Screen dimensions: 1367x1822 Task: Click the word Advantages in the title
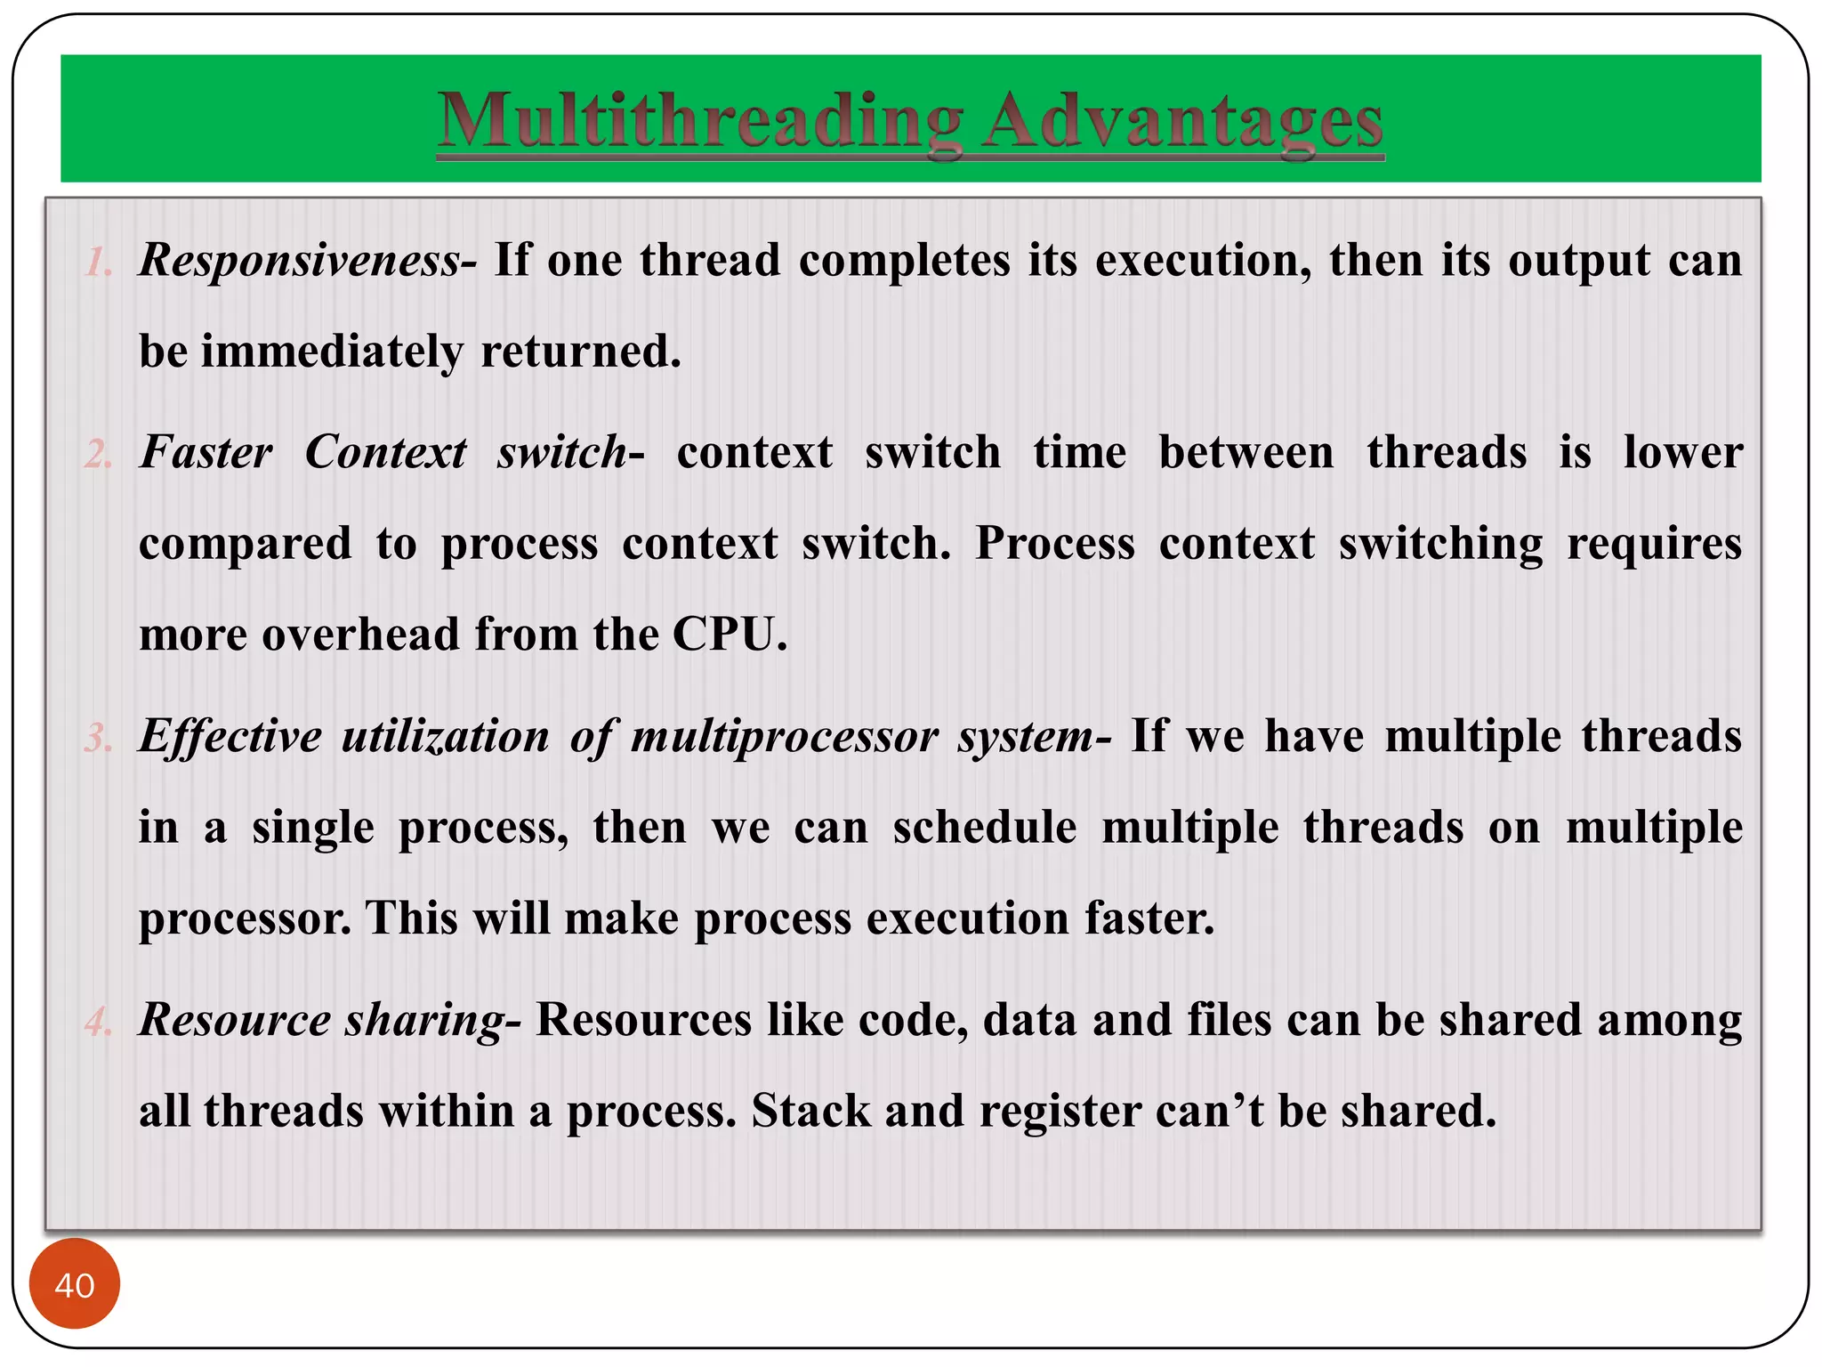[x=1183, y=122]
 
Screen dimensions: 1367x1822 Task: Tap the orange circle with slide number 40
[x=75, y=1284]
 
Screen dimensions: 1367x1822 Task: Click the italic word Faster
[x=206, y=452]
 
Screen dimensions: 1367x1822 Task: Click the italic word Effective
[x=230, y=738]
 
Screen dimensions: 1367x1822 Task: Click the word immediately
[x=332, y=352]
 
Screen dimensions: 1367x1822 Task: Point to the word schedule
[x=985, y=828]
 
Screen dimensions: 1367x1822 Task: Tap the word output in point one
[x=1579, y=262]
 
